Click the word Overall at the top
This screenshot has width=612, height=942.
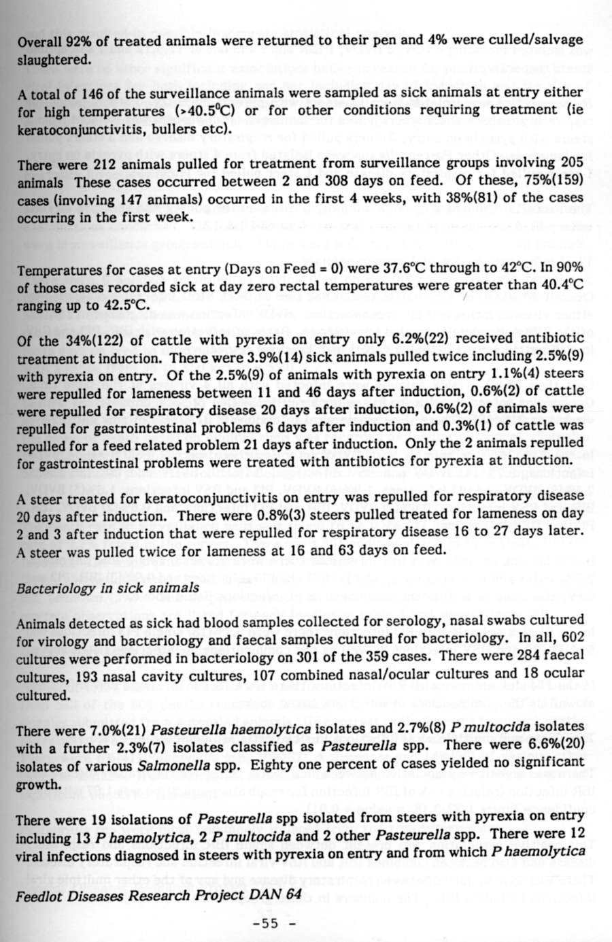click(x=39, y=40)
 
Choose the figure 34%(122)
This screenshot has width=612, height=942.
click(x=82, y=339)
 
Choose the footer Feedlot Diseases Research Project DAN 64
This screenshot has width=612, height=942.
click(x=158, y=895)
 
